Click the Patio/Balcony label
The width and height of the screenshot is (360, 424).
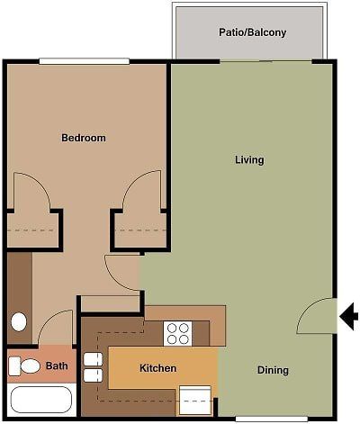[252, 32]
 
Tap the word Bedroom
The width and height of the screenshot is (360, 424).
[84, 138]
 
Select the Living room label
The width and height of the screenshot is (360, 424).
[249, 160]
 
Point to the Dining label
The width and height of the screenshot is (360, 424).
[273, 370]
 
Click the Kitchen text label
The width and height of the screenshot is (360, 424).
[157, 368]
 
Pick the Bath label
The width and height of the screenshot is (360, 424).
[57, 366]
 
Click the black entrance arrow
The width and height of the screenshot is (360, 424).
[350, 314]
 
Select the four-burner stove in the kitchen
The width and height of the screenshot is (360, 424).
[177, 334]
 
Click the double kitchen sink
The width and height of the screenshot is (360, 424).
[91, 367]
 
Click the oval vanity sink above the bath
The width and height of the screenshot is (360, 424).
[18, 321]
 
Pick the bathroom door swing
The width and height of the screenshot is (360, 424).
[56, 328]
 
